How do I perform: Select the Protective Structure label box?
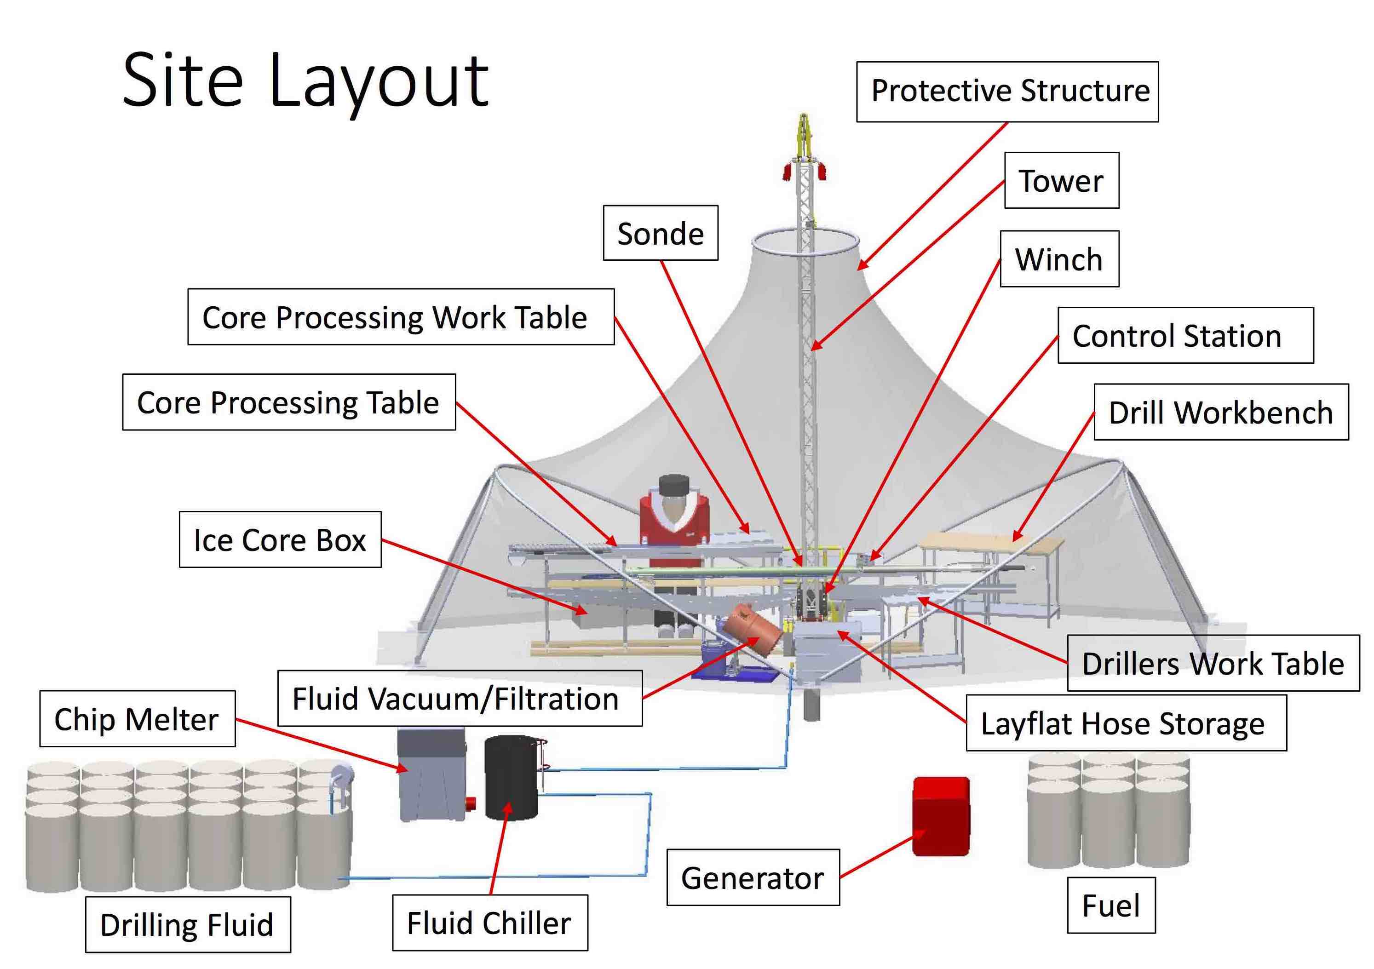[1007, 92]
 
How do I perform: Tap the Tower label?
[1061, 181]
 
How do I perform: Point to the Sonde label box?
[660, 233]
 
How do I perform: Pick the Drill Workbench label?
[1220, 412]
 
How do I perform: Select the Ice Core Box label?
[280, 539]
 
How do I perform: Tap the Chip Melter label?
[137, 719]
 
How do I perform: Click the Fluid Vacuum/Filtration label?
[460, 699]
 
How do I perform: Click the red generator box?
[940, 816]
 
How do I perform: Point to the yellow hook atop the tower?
[804, 135]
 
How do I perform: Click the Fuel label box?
[1111, 906]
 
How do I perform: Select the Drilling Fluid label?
[187, 925]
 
